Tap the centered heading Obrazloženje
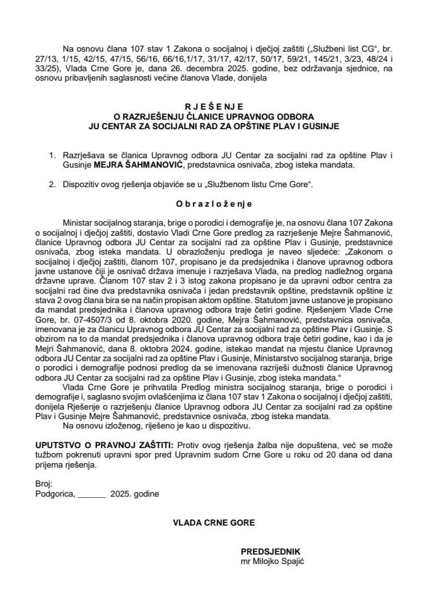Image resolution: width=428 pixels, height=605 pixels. coord(214,204)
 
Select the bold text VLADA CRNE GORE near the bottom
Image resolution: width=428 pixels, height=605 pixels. coord(214,522)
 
